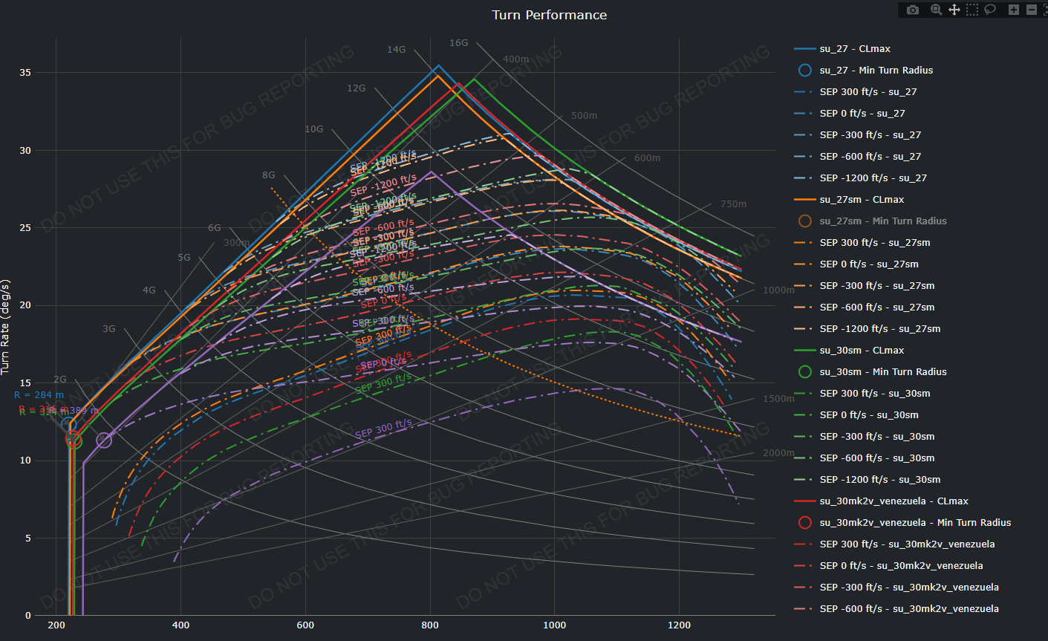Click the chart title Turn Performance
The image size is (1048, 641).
(x=549, y=15)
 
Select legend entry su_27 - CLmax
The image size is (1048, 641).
(x=855, y=49)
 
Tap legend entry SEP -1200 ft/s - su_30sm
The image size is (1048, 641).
(x=879, y=480)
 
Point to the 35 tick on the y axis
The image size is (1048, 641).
(x=25, y=73)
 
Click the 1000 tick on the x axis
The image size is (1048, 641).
(x=554, y=625)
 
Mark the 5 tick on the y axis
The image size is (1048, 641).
(x=28, y=538)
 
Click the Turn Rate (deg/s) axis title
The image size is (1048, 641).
(x=6, y=327)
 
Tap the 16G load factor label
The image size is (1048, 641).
(x=458, y=43)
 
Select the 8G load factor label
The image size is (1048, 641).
(x=268, y=175)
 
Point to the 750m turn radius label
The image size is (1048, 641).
(x=733, y=204)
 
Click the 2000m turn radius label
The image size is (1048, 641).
(x=778, y=453)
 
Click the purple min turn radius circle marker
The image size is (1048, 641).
(x=104, y=440)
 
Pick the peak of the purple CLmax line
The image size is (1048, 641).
(x=431, y=172)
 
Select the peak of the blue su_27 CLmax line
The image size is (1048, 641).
(x=438, y=65)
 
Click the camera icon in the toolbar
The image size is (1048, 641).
(x=913, y=10)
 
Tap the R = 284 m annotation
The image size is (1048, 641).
(x=39, y=395)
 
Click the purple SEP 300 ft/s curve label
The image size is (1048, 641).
(x=383, y=429)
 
